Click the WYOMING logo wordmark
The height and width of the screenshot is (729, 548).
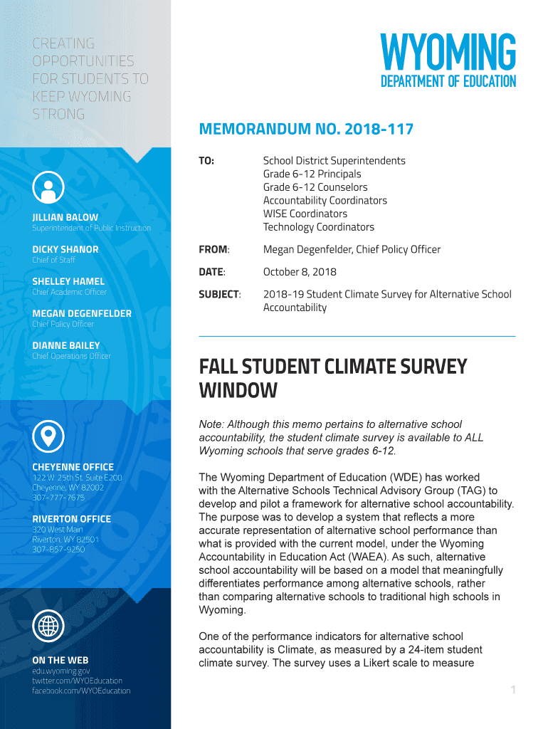point(448,52)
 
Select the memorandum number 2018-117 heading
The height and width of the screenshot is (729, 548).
point(306,130)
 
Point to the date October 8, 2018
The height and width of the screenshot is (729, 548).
point(300,272)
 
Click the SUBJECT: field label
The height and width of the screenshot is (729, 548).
point(219,294)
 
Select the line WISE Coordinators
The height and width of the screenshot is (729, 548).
point(305,214)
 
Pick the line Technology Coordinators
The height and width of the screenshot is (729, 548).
point(318,227)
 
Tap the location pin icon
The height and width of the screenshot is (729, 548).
point(48,435)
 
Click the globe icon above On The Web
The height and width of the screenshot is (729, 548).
point(48,626)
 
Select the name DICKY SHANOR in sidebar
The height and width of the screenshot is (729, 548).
point(65,249)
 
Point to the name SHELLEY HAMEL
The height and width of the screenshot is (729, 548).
point(68,281)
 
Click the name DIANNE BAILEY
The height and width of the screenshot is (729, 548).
point(66,345)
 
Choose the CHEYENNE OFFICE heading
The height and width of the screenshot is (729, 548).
point(73,467)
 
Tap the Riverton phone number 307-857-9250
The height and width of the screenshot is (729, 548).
point(58,550)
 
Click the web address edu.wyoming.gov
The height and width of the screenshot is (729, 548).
point(61,671)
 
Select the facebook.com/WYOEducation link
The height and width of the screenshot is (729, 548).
point(81,691)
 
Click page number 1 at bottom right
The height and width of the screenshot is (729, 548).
point(512,690)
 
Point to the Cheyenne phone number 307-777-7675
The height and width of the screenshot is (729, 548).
point(58,498)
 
